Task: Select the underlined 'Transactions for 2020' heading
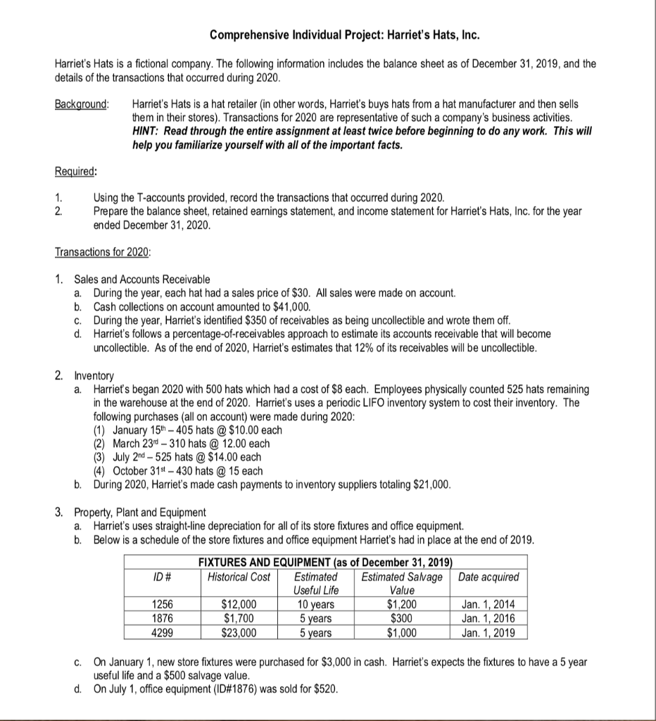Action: tap(103, 252)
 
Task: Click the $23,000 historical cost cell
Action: tap(239, 632)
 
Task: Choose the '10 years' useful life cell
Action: tap(315, 605)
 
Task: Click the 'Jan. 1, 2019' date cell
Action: tap(488, 632)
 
